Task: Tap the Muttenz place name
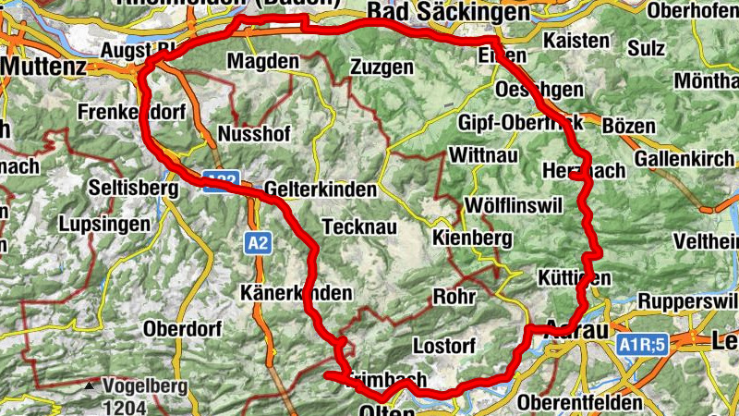coord(43,67)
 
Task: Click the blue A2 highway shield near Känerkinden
coord(259,243)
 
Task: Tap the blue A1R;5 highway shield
coord(642,345)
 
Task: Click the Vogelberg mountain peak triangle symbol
coord(90,385)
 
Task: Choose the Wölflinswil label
coord(515,204)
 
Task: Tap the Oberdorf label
coord(181,328)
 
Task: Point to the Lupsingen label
coord(103,224)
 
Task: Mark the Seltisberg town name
coord(132,188)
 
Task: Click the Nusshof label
coord(253,133)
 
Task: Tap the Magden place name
coord(263,61)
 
